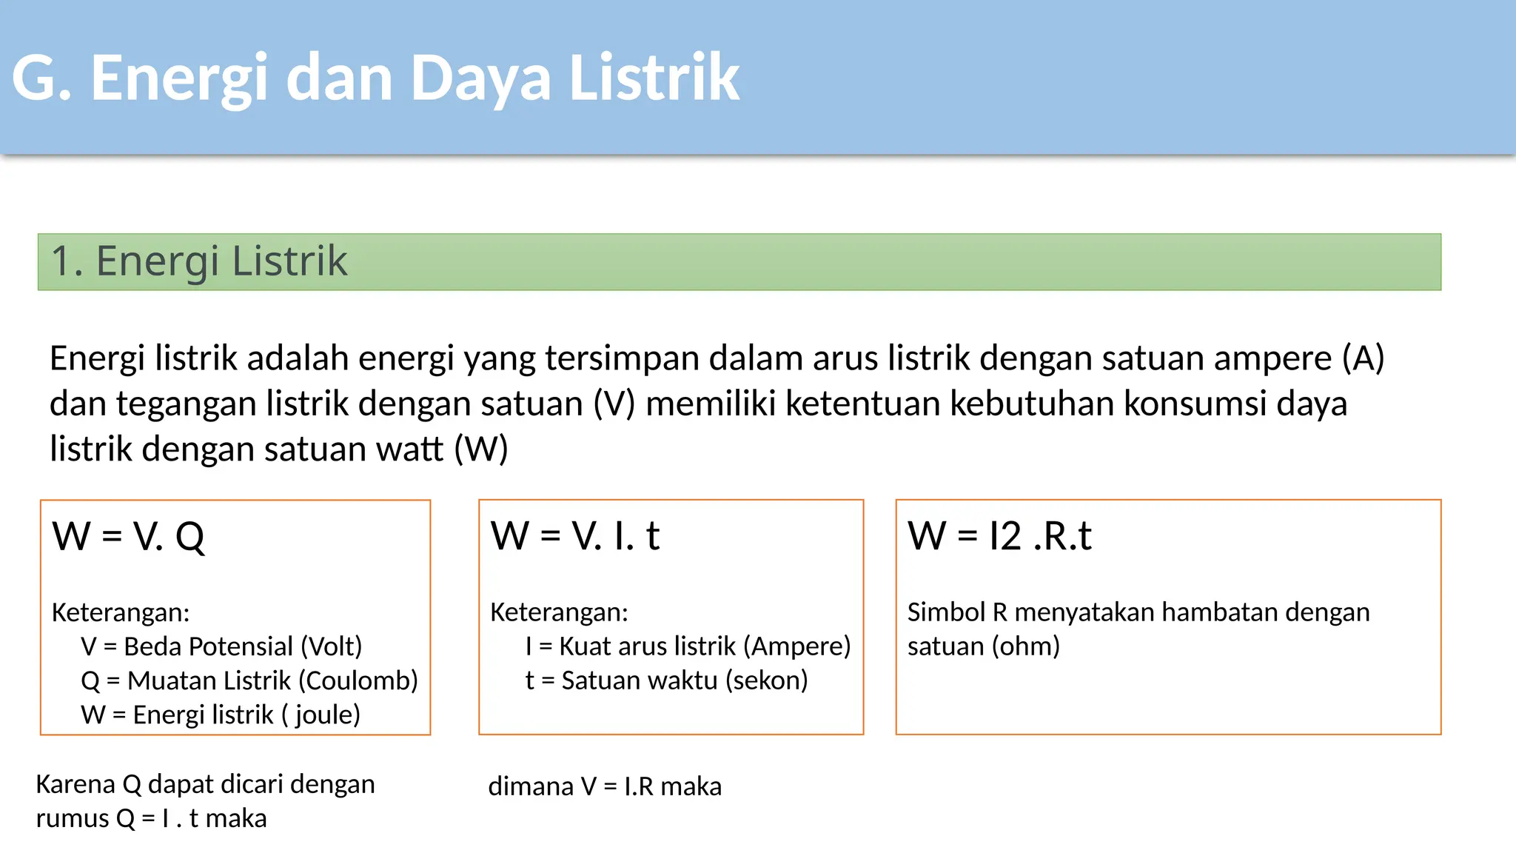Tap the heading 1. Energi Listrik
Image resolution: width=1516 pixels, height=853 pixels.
click(x=199, y=261)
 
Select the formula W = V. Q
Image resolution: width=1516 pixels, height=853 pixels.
click(x=128, y=536)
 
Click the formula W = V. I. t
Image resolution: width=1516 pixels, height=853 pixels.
click(x=574, y=536)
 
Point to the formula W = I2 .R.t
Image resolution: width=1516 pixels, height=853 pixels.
click(x=999, y=536)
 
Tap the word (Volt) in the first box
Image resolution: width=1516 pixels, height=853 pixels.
click(x=331, y=646)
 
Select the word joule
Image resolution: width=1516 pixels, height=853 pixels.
click(x=326, y=715)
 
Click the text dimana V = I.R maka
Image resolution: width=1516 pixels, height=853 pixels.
click(x=604, y=786)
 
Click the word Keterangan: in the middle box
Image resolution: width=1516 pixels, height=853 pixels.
click(x=559, y=612)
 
